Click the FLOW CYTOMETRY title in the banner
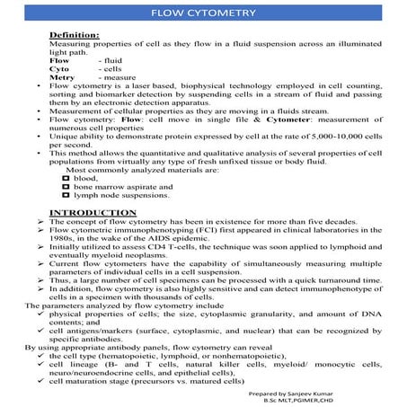click(203, 13)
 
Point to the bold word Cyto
click(61, 68)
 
